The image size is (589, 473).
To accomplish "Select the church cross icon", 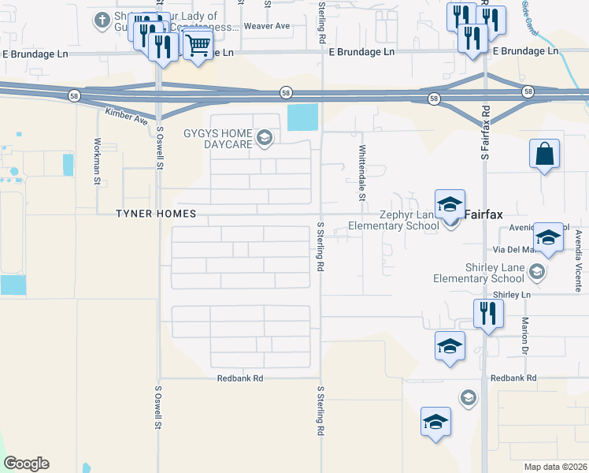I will click(x=102, y=20).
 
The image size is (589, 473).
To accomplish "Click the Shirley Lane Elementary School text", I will click(x=479, y=274).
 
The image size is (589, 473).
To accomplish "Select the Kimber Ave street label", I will click(x=127, y=117).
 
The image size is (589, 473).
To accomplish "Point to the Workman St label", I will click(x=97, y=162).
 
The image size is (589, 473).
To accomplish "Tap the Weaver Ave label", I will click(x=267, y=26).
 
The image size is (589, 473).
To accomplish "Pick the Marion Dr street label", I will click(x=524, y=335).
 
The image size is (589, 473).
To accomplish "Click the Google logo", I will click(x=26, y=464).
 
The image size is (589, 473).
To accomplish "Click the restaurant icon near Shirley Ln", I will click(x=488, y=313).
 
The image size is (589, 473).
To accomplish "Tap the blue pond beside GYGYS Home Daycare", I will click(x=303, y=117).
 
